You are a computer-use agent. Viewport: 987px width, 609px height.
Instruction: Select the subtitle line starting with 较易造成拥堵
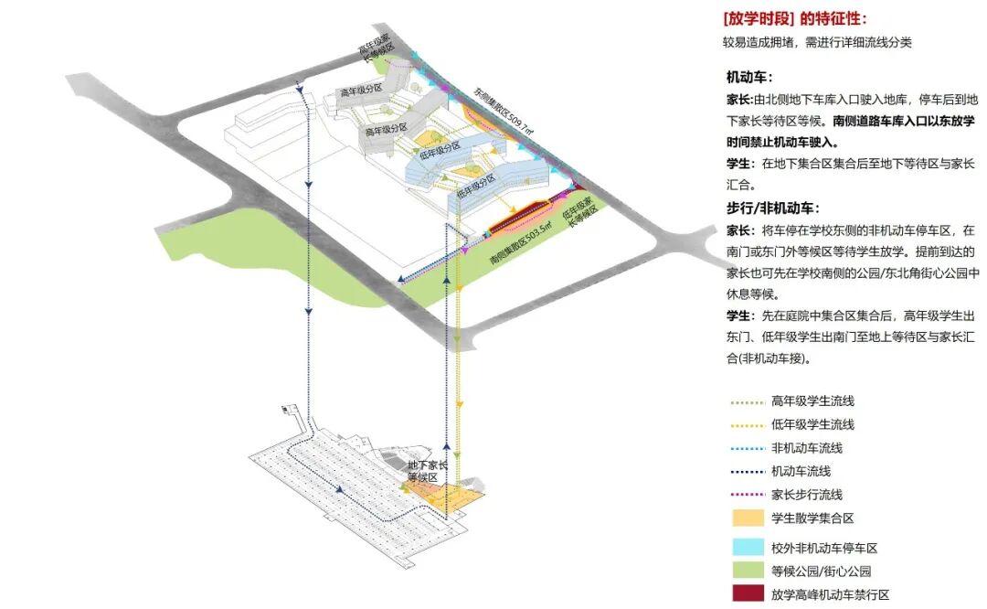[x=816, y=42]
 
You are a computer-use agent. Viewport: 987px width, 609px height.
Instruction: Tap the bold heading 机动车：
[x=749, y=78]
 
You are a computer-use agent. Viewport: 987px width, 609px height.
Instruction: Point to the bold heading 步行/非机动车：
[x=772, y=208]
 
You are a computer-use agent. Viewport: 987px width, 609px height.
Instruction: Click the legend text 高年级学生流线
[x=812, y=401]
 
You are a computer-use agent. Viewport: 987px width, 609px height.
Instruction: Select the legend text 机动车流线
[x=801, y=471]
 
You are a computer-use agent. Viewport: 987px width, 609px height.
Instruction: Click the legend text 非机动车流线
[x=806, y=448]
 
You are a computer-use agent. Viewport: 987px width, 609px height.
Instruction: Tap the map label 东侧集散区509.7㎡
[x=502, y=112]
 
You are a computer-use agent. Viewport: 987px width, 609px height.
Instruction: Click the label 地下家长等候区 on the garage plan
[x=428, y=471]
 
